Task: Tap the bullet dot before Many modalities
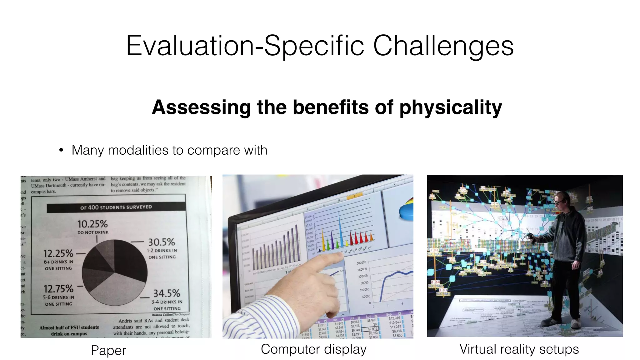(x=61, y=150)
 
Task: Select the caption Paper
(x=108, y=350)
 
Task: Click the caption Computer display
(x=313, y=349)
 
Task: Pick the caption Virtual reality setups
(x=519, y=349)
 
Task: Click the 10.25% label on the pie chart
(x=92, y=224)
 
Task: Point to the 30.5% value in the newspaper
(x=161, y=242)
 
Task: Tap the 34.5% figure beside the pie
(x=166, y=293)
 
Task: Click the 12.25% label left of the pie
(x=58, y=253)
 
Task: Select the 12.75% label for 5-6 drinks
(x=58, y=289)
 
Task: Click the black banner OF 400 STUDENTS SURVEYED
(x=116, y=207)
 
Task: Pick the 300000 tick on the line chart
(x=361, y=263)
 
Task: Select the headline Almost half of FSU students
(x=69, y=327)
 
